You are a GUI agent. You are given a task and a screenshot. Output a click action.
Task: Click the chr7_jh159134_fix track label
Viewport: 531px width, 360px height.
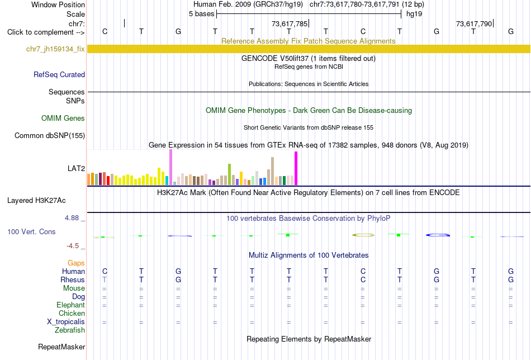click(55, 49)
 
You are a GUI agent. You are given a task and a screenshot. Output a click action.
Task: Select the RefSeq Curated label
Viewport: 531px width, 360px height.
click(59, 74)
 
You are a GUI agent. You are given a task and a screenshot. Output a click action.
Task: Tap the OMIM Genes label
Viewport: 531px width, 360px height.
click(63, 118)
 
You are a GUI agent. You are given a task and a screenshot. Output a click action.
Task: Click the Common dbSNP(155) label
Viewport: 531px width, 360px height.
click(50, 135)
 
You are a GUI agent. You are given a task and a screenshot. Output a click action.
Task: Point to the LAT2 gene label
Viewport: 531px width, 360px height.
click(76, 168)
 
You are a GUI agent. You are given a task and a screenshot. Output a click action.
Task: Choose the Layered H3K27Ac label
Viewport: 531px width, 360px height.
click(36, 201)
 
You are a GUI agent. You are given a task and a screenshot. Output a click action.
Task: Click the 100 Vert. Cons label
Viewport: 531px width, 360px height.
click(31, 231)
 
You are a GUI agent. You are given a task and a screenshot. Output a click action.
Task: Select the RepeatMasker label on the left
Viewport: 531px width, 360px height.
click(61, 347)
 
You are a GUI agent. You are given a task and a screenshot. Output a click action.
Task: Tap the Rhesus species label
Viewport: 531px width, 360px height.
click(73, 280)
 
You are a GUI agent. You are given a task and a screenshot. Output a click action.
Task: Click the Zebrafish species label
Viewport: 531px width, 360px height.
click(70, 330)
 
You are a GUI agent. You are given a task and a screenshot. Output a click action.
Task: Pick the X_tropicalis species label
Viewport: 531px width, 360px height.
click(66, 322)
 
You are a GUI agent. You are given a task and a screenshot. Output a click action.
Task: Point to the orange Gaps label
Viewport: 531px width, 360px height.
click(76, 263)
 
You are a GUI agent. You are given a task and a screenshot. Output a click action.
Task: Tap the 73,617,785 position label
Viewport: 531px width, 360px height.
click(290, 23)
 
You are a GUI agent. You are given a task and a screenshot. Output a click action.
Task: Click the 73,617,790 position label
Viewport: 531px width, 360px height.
click(474, 23)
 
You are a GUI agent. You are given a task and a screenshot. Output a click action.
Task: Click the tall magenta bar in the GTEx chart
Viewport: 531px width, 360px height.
click(296, 168)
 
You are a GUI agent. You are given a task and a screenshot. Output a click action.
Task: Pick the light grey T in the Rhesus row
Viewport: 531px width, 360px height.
click(105, 280)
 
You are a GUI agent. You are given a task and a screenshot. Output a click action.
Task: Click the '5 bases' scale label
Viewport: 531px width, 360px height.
click(201, 14)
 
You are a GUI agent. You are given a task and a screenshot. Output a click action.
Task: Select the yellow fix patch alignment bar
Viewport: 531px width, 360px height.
click(309, 49)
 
